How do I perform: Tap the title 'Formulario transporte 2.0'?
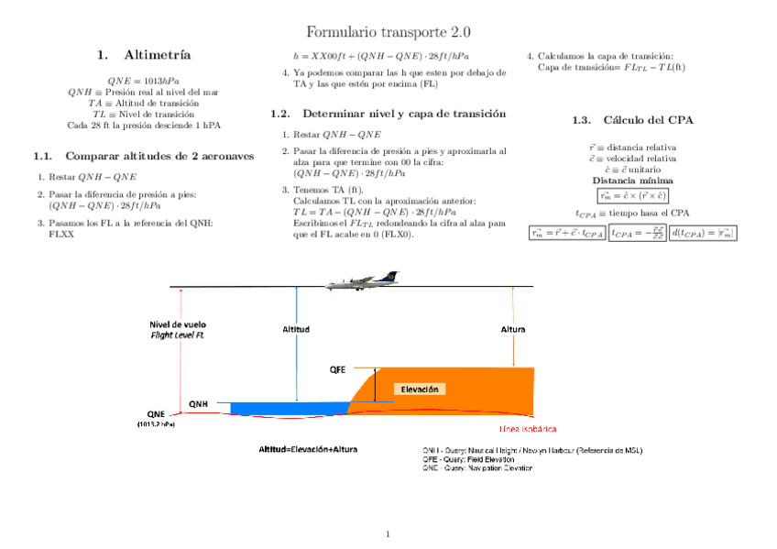pos(388,32)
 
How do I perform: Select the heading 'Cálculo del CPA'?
pos(648,120)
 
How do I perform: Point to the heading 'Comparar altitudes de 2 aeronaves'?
pos(145,156)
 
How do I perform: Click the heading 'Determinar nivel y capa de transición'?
pos(403,114)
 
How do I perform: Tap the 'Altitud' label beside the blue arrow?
pos(295,329)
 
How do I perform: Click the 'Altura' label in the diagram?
pos(513,329)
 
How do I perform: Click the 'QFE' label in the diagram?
pos(337,370)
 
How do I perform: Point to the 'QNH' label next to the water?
pos(199,403)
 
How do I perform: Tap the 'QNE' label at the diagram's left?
pos(156,413)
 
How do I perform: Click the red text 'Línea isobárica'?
pos(527,429)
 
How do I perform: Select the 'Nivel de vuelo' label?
pos(178,324)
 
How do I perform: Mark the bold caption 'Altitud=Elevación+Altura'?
pos(308,450)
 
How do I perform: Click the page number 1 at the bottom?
pos(388,533)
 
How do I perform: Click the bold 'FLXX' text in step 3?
pos(60,234)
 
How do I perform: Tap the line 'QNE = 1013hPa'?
pos(143,81)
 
